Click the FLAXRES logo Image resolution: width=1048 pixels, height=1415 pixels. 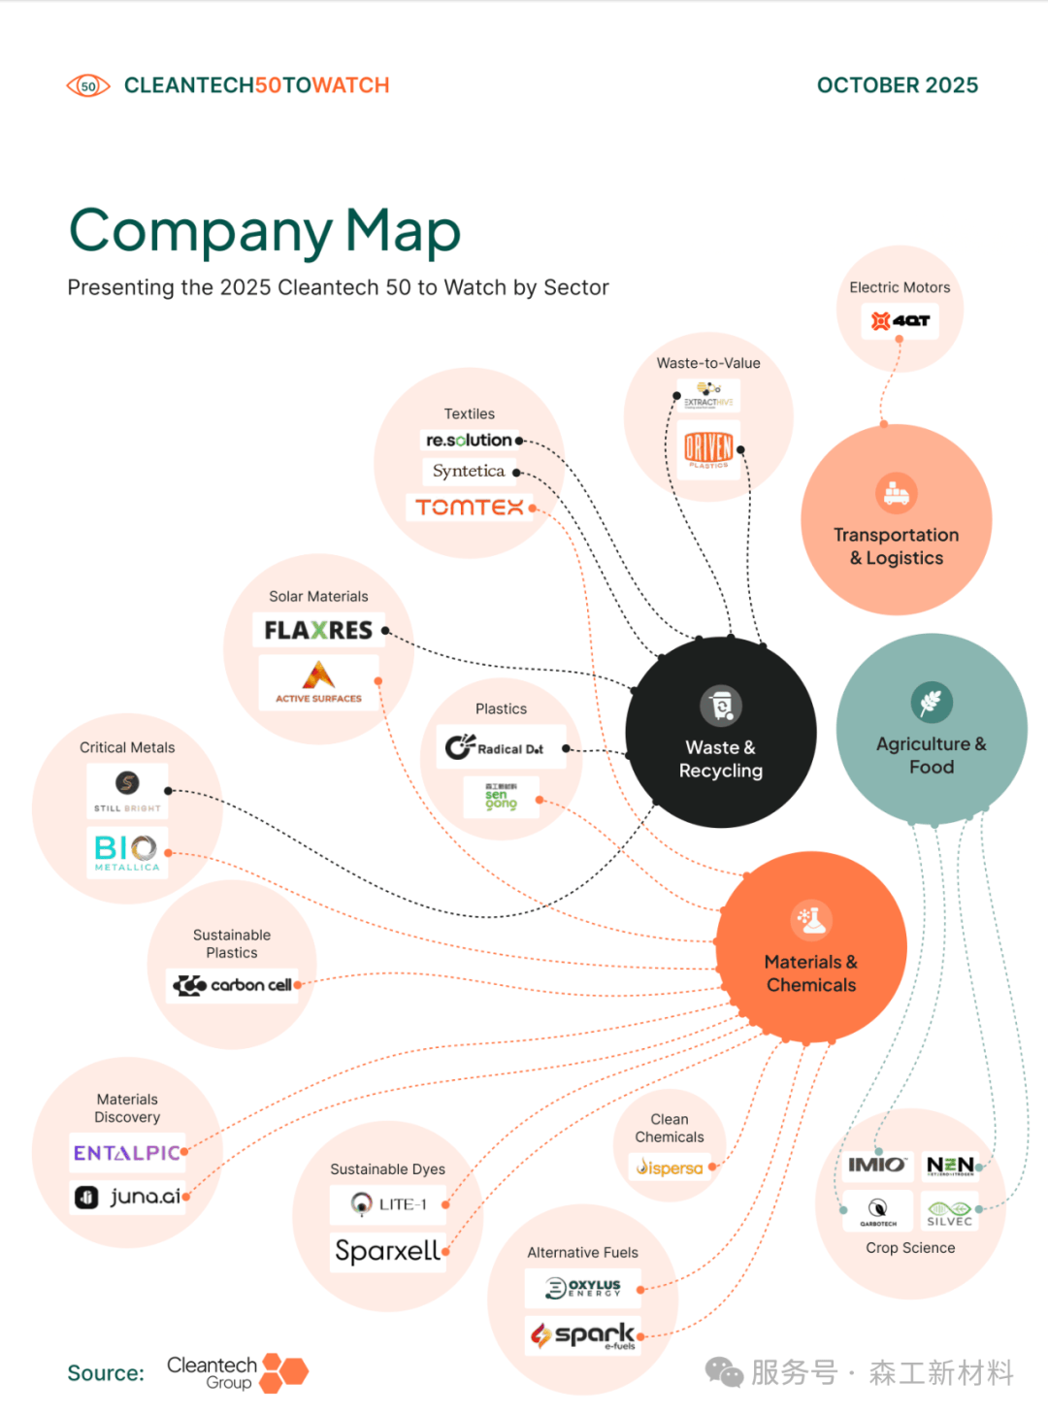(x=318, y=631)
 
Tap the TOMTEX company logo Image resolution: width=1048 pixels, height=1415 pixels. (x=470, y=507)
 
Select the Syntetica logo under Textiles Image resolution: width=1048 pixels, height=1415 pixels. (x=469, y=472)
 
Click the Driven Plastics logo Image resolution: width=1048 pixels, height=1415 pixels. (x=708, y=448)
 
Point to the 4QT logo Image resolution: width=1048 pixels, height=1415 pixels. (x=900, y=320)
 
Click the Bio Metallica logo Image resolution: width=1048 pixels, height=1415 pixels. (x=127, y=851)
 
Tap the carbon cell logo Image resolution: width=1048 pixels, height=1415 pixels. (x=233, y=985)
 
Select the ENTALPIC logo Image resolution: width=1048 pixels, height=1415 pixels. (x=127, y=1153)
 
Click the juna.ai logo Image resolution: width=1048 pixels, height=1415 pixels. (x=127, y=1197)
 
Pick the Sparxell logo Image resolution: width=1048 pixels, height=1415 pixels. (x=387, y=1251)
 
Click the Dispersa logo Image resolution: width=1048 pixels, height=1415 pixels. (x=670, y=1168)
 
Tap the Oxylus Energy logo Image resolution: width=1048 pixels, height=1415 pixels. (x=583, y=1288)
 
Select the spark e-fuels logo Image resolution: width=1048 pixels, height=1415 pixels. (x=583, y=1335)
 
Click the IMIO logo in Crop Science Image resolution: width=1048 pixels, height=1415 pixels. (x=877, y=1165)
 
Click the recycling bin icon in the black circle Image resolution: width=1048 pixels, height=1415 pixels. (x=721, y=706)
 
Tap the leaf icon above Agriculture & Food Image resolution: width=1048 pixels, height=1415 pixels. (x=932, y=702)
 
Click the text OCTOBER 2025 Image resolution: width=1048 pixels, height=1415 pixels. (x=897, y=85)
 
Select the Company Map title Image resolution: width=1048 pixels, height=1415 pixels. (x=265, y=231)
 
